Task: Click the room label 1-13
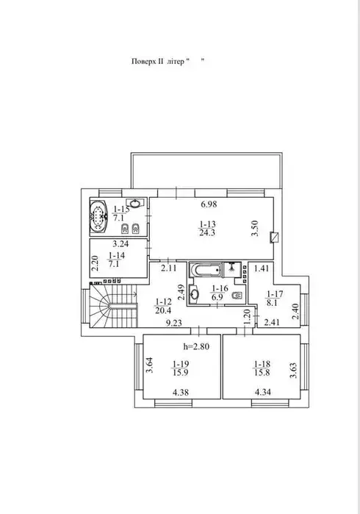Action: point(207,224)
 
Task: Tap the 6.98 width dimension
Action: point(209,204)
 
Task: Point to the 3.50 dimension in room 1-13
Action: point(256,228)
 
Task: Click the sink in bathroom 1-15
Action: point(135,203)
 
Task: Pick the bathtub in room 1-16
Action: point(206,270)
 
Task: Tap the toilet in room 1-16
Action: point(237,296)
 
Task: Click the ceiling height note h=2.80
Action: point(196,346)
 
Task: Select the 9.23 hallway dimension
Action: point(173,324)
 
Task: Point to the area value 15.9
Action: point(179,372)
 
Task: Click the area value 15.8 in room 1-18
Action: point(262,372)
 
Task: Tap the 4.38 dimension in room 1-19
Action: point(181,392)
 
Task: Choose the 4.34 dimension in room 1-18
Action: point(263,392)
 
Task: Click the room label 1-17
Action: point(276,293)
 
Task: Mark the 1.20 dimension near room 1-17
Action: point(248,316)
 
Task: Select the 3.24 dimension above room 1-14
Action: point(120,244)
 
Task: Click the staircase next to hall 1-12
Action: point(113,305)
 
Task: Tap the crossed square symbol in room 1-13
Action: point(274,237)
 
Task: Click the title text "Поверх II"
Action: point(148,61)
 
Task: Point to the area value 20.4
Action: point(163,310)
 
